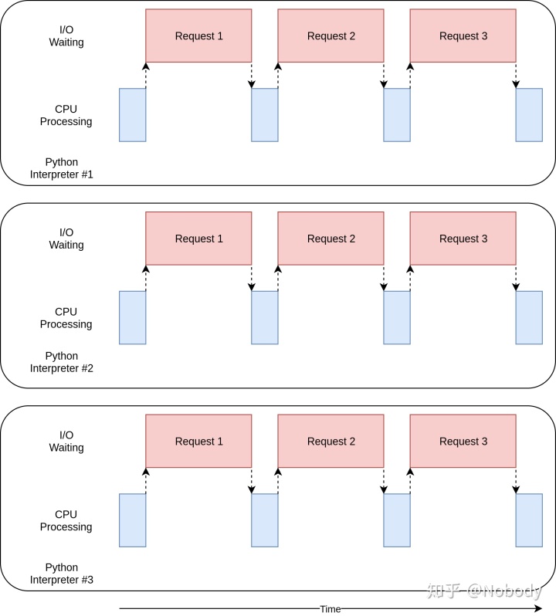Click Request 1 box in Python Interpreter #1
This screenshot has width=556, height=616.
[x=198, y=36]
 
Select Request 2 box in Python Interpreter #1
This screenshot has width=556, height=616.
[x=331, y=36]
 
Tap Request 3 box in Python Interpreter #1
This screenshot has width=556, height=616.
[x=463, y=36]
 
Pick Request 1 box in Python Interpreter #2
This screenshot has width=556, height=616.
[x=198, y=239]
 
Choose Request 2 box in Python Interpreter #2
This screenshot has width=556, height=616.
[x=331, y=239]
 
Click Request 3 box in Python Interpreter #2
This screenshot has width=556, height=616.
[x=463, y=239]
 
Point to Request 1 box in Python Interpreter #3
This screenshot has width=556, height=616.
[x=198, y=442]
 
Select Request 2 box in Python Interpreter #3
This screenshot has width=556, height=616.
[x=331, y=442]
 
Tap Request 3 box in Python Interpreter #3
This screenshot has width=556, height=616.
[x=463, y=442]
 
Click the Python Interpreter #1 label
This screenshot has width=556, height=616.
[x=62, y=168]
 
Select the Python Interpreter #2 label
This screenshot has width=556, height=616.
[x=62, y=362]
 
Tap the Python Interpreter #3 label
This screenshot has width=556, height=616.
[x=62, y=574]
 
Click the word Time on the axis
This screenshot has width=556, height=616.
[x=330, y=609]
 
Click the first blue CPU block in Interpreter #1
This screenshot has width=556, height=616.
[x=132, y=115]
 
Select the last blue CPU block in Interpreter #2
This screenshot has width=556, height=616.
[x=529, y=318]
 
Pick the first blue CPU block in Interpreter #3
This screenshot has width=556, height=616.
[x=132, y=520]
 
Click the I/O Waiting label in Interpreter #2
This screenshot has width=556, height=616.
[x=66, y=239]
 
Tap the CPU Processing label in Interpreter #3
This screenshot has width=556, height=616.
[x=66, y=520]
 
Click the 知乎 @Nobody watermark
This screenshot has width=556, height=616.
[x=484, y=591]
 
